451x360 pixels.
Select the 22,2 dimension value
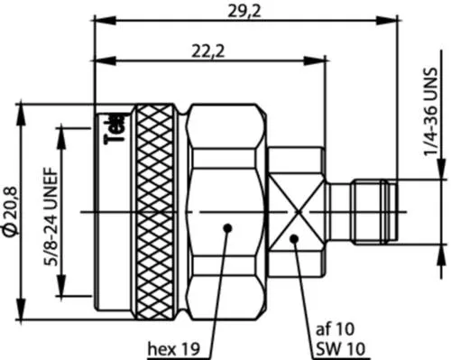coord(207,52)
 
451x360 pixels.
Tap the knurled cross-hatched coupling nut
coord(158,212)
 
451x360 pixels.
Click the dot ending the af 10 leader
coord(295,238)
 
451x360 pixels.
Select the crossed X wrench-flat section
coord(296,212)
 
